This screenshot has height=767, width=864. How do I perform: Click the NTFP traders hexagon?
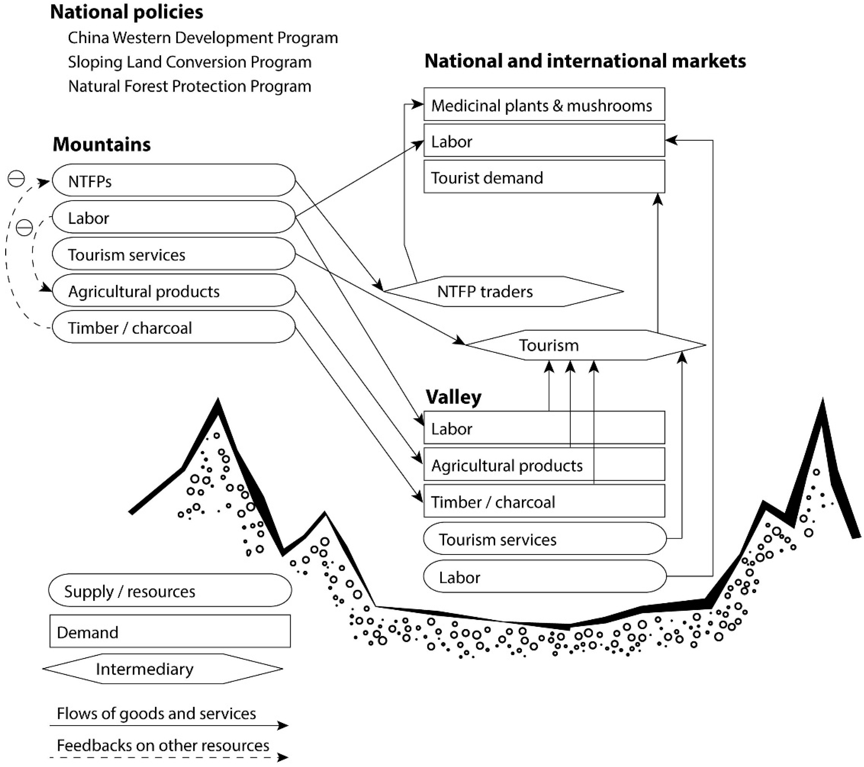[x=503, y=292]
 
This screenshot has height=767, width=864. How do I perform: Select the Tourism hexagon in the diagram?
[x=585, y=345]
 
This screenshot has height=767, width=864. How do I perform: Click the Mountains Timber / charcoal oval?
[x=173, y=327]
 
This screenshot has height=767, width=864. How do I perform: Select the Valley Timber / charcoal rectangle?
[x=544, y=502]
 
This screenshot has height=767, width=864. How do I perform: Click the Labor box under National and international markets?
[x=544, y=141]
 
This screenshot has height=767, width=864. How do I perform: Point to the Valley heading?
[x=454, y=397]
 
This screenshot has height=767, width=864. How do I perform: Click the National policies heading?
[x=127, y=12]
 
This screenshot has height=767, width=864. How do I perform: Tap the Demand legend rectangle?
[x=170, y=632]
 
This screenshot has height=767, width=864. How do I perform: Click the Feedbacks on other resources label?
[x=163, y=745]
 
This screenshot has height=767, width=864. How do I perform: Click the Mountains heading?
[x=102, y=145]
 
